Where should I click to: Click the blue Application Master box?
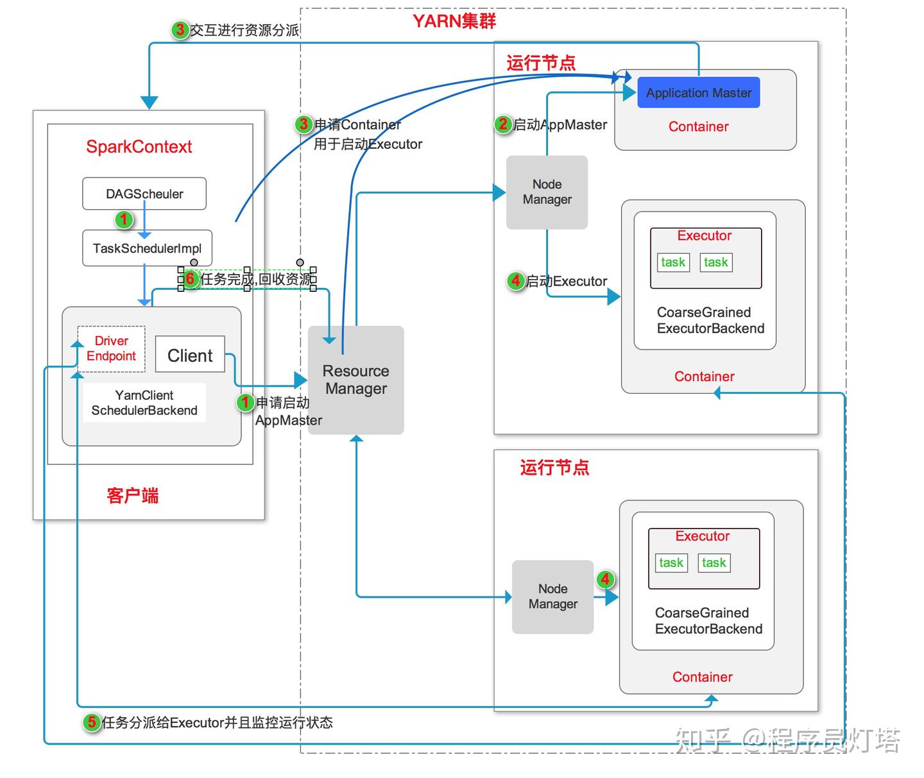coord(698,93)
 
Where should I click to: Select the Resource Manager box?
coord(355,380)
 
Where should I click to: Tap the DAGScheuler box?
coord(144,194)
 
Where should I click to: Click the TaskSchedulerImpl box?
coord(147,248)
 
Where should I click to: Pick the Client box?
coord(190,355)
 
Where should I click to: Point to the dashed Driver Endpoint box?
coord(111,348)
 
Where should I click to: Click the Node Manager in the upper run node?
coord(547,192)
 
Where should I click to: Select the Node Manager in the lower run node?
coord(552,596)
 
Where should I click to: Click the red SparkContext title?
coord(139,147)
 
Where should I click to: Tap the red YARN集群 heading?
coord(454,21)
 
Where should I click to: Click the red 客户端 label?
coord(132,495)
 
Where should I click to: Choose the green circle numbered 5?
coord(92,722)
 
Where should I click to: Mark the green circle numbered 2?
coord(502,124)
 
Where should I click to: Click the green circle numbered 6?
coord(190,279)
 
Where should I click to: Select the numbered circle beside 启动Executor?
coord(515,280)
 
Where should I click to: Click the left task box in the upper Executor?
coord(673,262)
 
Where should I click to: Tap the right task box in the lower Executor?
coord(714,562)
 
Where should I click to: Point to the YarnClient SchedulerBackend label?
coord(144,403)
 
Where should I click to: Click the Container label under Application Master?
coord(698,126)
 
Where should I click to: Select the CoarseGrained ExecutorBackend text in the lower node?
coord(708,621)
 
